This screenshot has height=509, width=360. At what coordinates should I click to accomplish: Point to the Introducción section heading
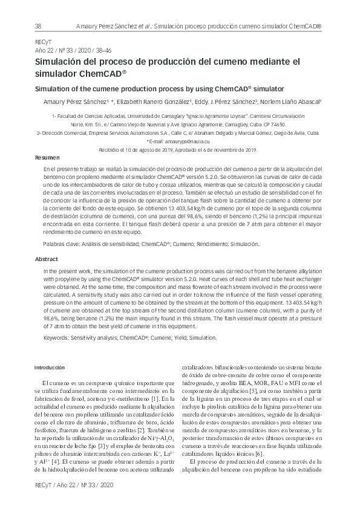pos(49,367)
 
